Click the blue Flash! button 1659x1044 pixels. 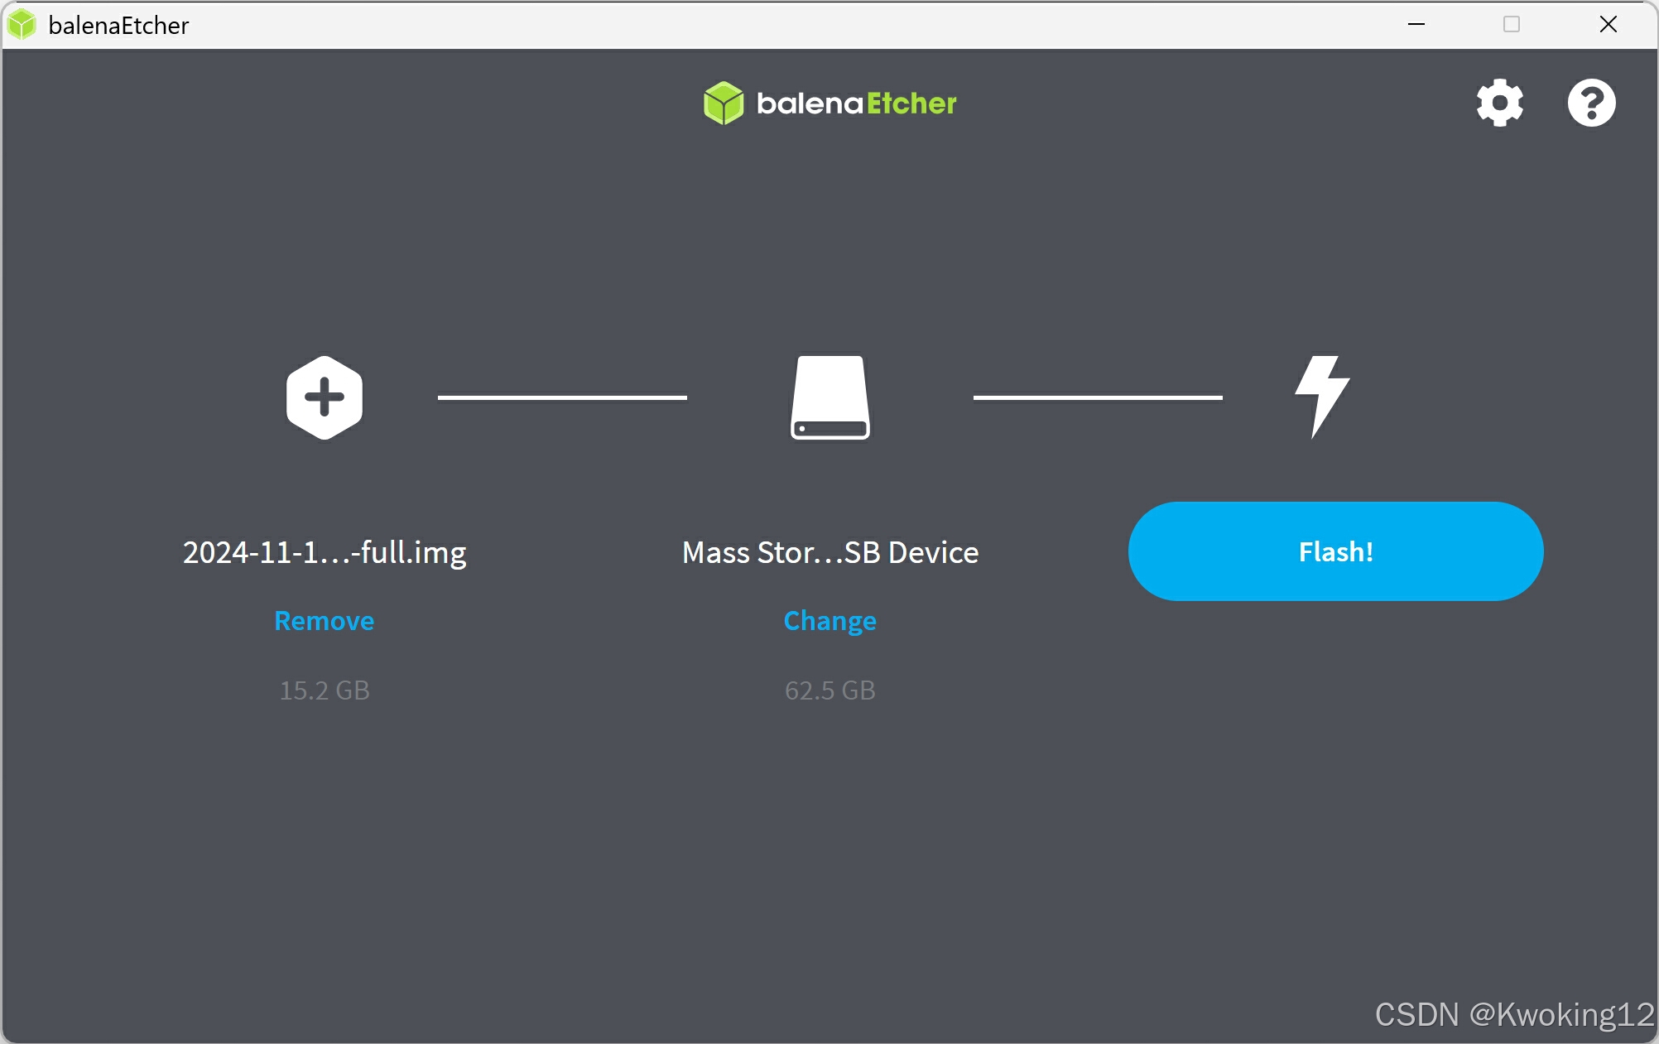[x=1335, y=551]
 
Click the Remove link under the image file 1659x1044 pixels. [x=324, y=621]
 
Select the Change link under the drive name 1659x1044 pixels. [x=829, y=621]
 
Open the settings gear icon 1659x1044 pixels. [x=1499, y=103]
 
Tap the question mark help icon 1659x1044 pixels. [x=1590, y=103]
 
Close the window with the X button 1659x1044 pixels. [x=1608, y=25]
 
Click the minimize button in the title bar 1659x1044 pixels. [x=1416, y=25]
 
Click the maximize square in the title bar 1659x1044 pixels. [x=1512, y=25]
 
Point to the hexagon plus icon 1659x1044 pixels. [x=325, y=398]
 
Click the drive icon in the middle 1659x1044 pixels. [x=829, y=398]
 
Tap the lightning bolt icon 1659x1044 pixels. [x=1322, y=397]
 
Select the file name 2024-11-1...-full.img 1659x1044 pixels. [x=325, y=552]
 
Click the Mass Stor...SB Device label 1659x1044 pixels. [x=830, y=552]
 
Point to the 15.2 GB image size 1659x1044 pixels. [x=325, y=690]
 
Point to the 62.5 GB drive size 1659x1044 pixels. [x=829, y=690]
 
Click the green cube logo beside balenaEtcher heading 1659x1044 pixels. [x=724, y=103]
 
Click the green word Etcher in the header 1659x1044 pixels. [x=911, y=103]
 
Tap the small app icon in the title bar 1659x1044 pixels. [x=22, y=25]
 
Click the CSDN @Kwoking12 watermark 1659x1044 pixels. [x=1514, y=1014]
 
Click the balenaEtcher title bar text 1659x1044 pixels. [x=118, y=26]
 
